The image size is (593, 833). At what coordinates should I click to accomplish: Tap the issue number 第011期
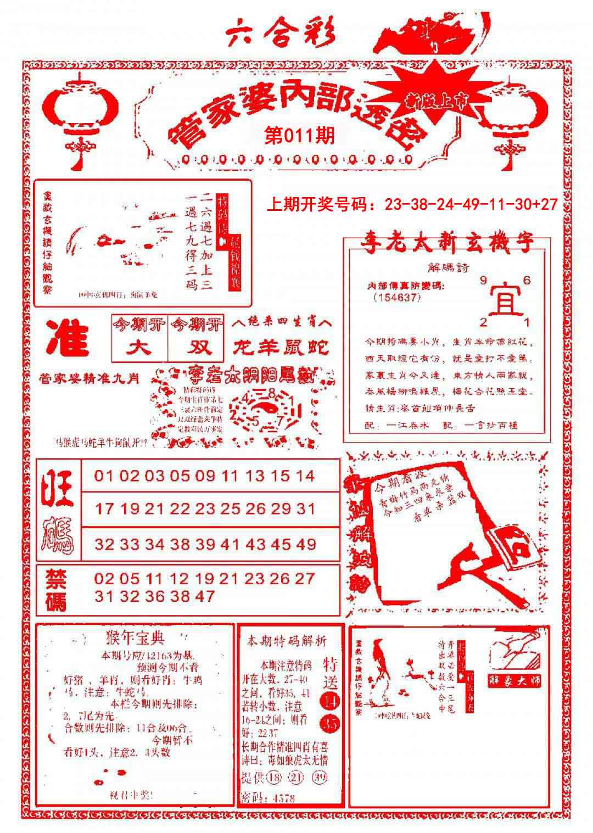tap(299, 136)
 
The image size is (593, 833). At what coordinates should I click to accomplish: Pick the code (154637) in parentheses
tap(396, 297)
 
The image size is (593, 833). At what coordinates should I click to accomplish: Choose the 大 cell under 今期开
tap(139, 348)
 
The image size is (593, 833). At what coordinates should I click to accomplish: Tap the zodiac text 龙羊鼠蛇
tap(281, 347)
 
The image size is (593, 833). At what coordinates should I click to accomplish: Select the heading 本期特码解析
tap(287, 641)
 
